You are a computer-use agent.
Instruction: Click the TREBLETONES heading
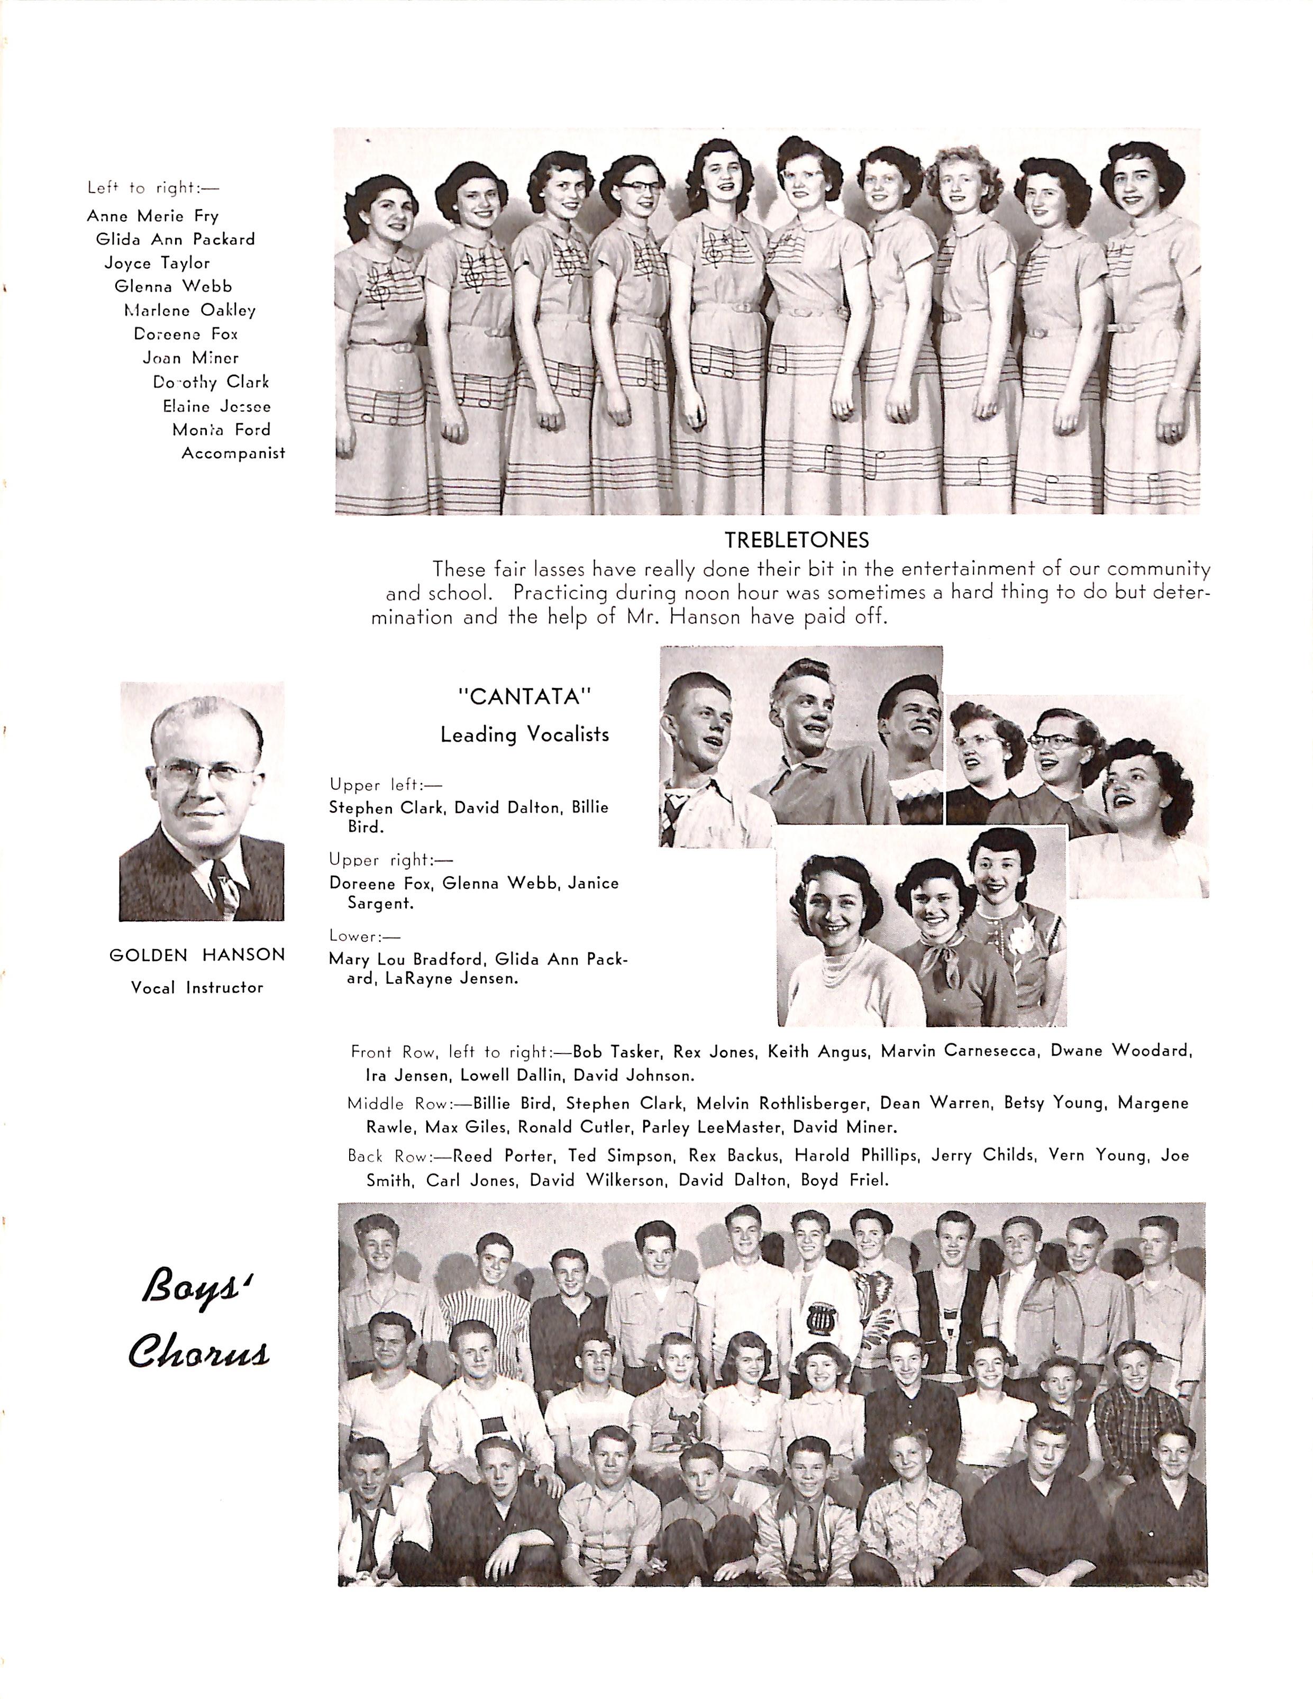click(797, 540)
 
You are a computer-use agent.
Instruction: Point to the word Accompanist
click(233, 453)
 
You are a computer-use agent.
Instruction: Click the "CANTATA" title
click(524, 696)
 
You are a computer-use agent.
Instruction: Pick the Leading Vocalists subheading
click(524, 734)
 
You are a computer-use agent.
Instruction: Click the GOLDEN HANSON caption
click(197, 955)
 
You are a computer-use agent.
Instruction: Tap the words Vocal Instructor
click(197, 987)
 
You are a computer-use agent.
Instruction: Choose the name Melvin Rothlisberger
click(781, 1103)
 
